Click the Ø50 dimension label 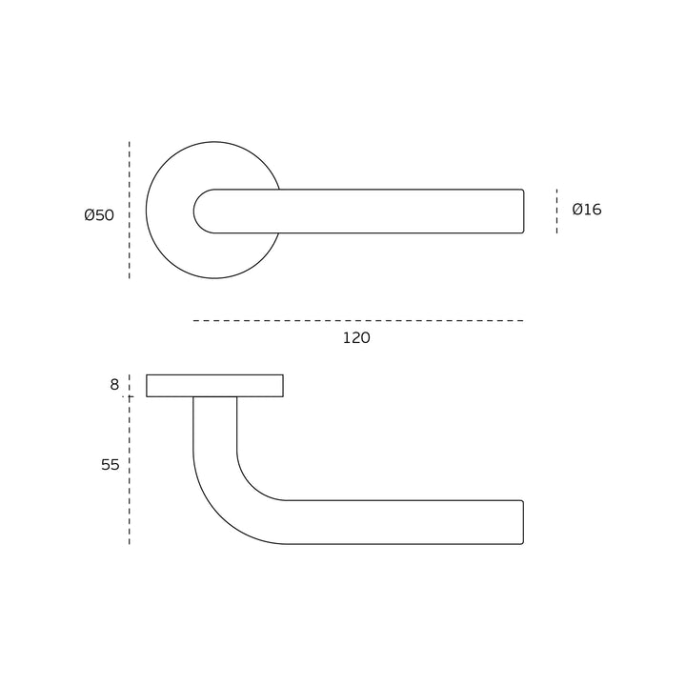click(99, 215)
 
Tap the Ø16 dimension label click(587, 210)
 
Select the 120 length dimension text click(356, 337)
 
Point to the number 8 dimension click(114, 385)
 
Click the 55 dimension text click(111, 465)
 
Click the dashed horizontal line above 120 click(358, 321)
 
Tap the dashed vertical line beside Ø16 click(557, 212)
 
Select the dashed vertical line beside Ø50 click(129, 210)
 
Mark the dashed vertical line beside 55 click(129, 472)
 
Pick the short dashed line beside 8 click(129, 385)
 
